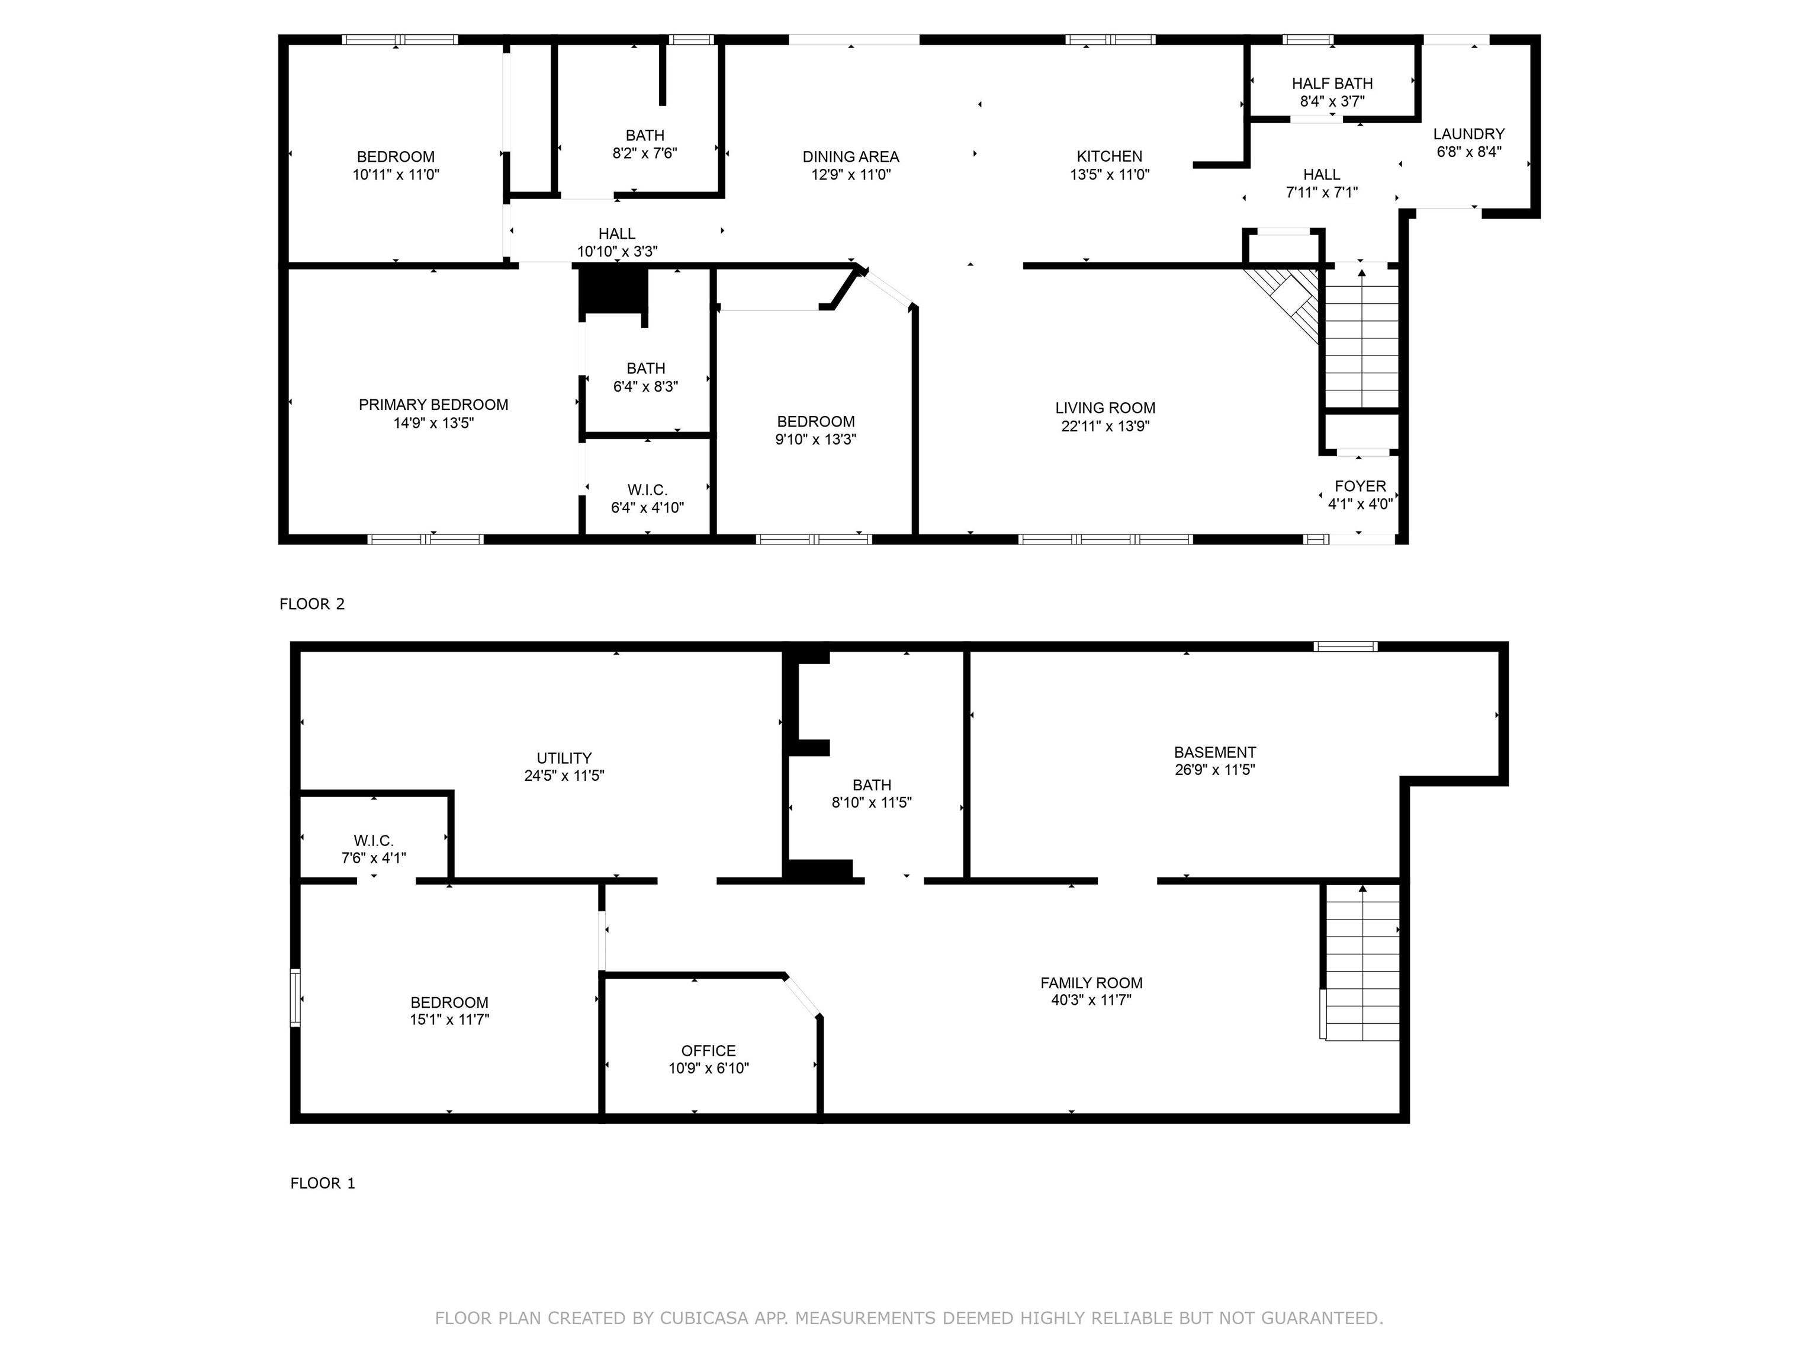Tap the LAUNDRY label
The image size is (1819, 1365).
point(1468,133)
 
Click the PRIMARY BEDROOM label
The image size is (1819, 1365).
point(433,405)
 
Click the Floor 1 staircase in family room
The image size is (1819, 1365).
point(1361,963)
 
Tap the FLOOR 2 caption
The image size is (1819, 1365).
point(311,604)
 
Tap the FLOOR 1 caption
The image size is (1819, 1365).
point(322,1183)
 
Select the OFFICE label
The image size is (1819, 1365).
point(708,1050)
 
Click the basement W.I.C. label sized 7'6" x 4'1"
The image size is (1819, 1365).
point(374,840)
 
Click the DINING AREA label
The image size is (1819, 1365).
point(850,156)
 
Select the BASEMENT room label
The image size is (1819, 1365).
point(1214,752)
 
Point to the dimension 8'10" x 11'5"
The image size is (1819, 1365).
point(871,802)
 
